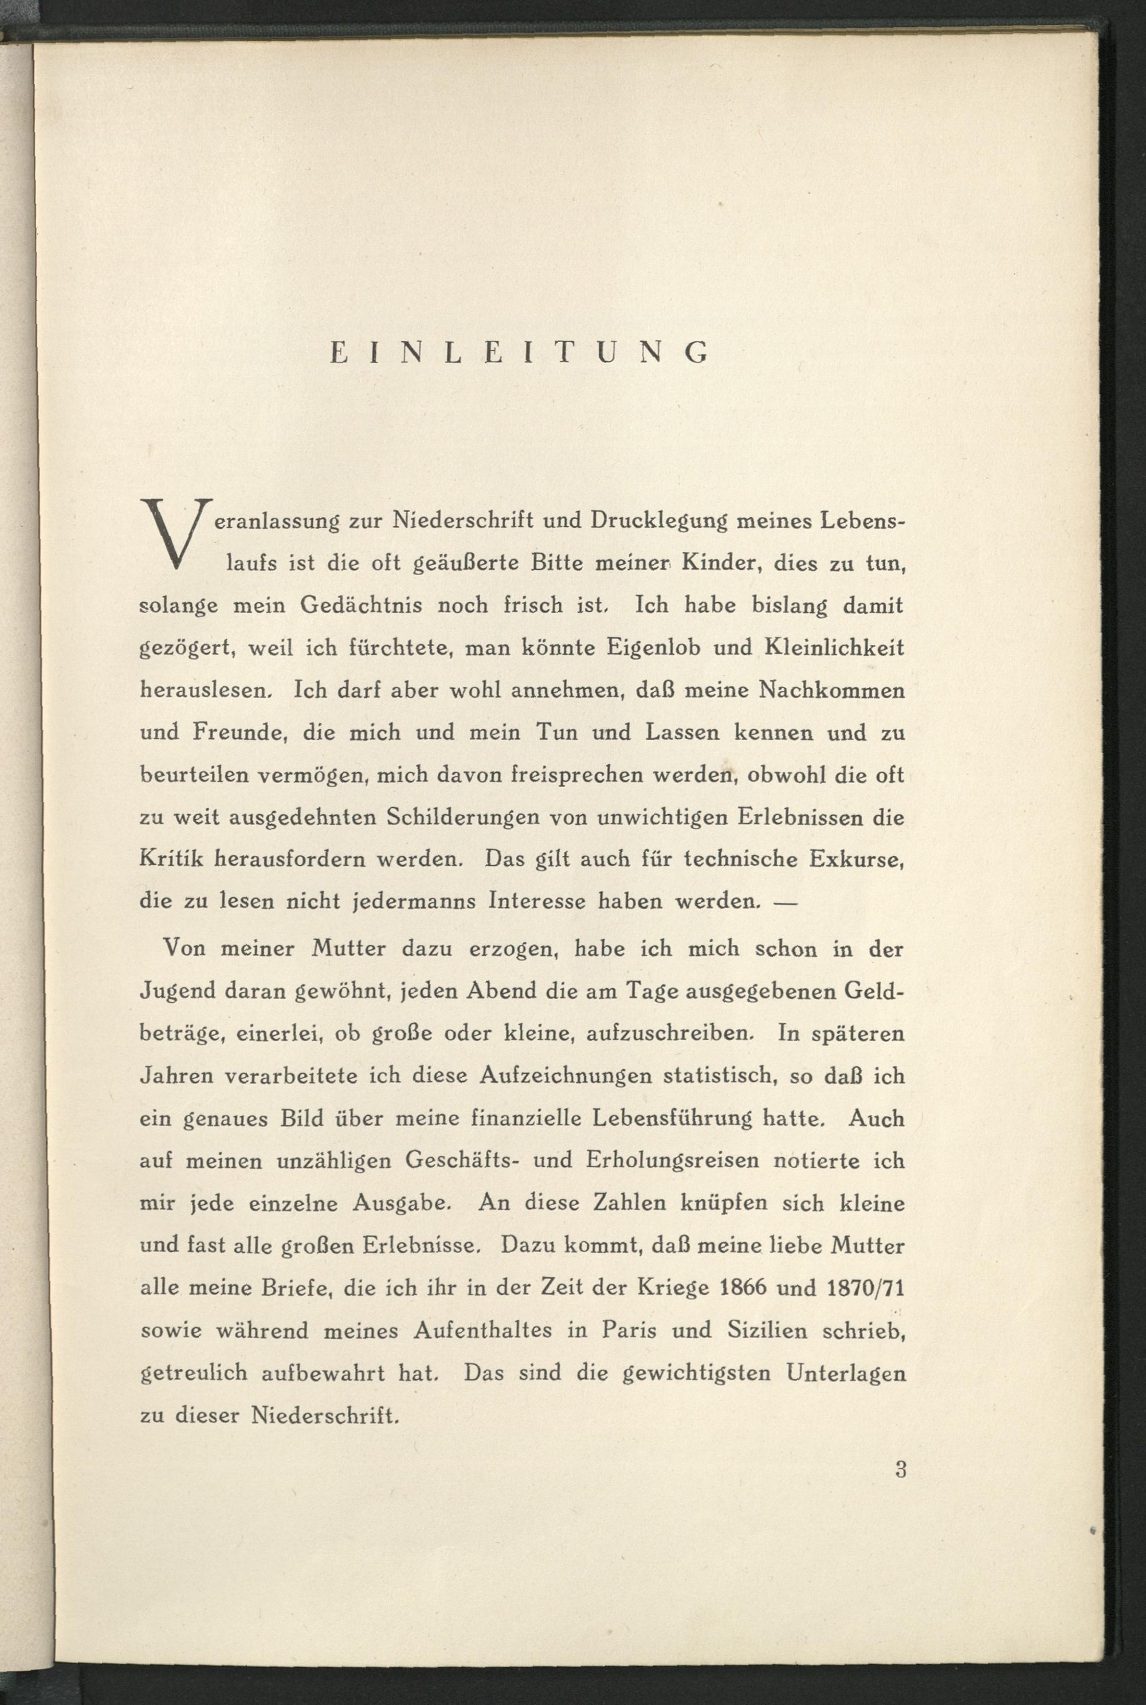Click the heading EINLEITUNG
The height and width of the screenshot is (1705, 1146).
click(x=520, y=354)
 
